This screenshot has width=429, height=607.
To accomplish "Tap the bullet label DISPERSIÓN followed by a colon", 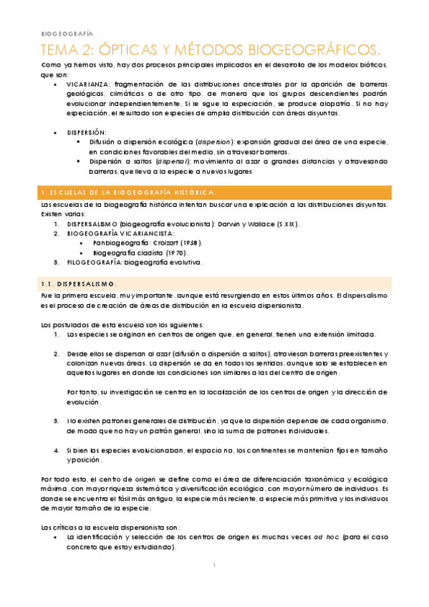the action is point(87,132).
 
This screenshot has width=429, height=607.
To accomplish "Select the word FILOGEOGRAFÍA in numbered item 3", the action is point(95,262).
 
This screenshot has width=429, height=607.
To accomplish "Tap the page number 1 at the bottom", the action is point(214,565).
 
